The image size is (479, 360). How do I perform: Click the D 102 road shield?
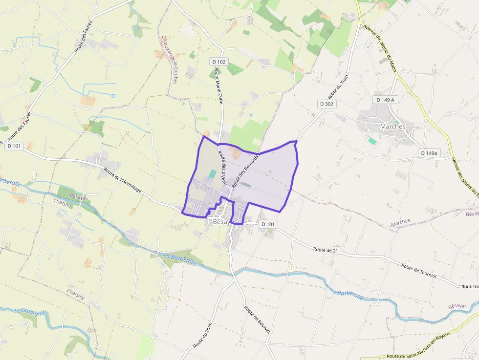click(219, 62)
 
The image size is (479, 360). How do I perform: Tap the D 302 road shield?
click(327, 104)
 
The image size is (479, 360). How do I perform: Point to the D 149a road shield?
click(429, 153)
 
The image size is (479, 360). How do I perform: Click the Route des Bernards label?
click(245, 172)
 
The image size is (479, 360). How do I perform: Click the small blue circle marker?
click(113, 95)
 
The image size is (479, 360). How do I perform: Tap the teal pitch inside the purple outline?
click(212, 174)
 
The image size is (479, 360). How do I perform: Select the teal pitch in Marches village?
click(372, 141)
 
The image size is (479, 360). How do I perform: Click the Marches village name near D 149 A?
click(392, 127)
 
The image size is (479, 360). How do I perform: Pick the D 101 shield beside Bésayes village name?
click(268, 224)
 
